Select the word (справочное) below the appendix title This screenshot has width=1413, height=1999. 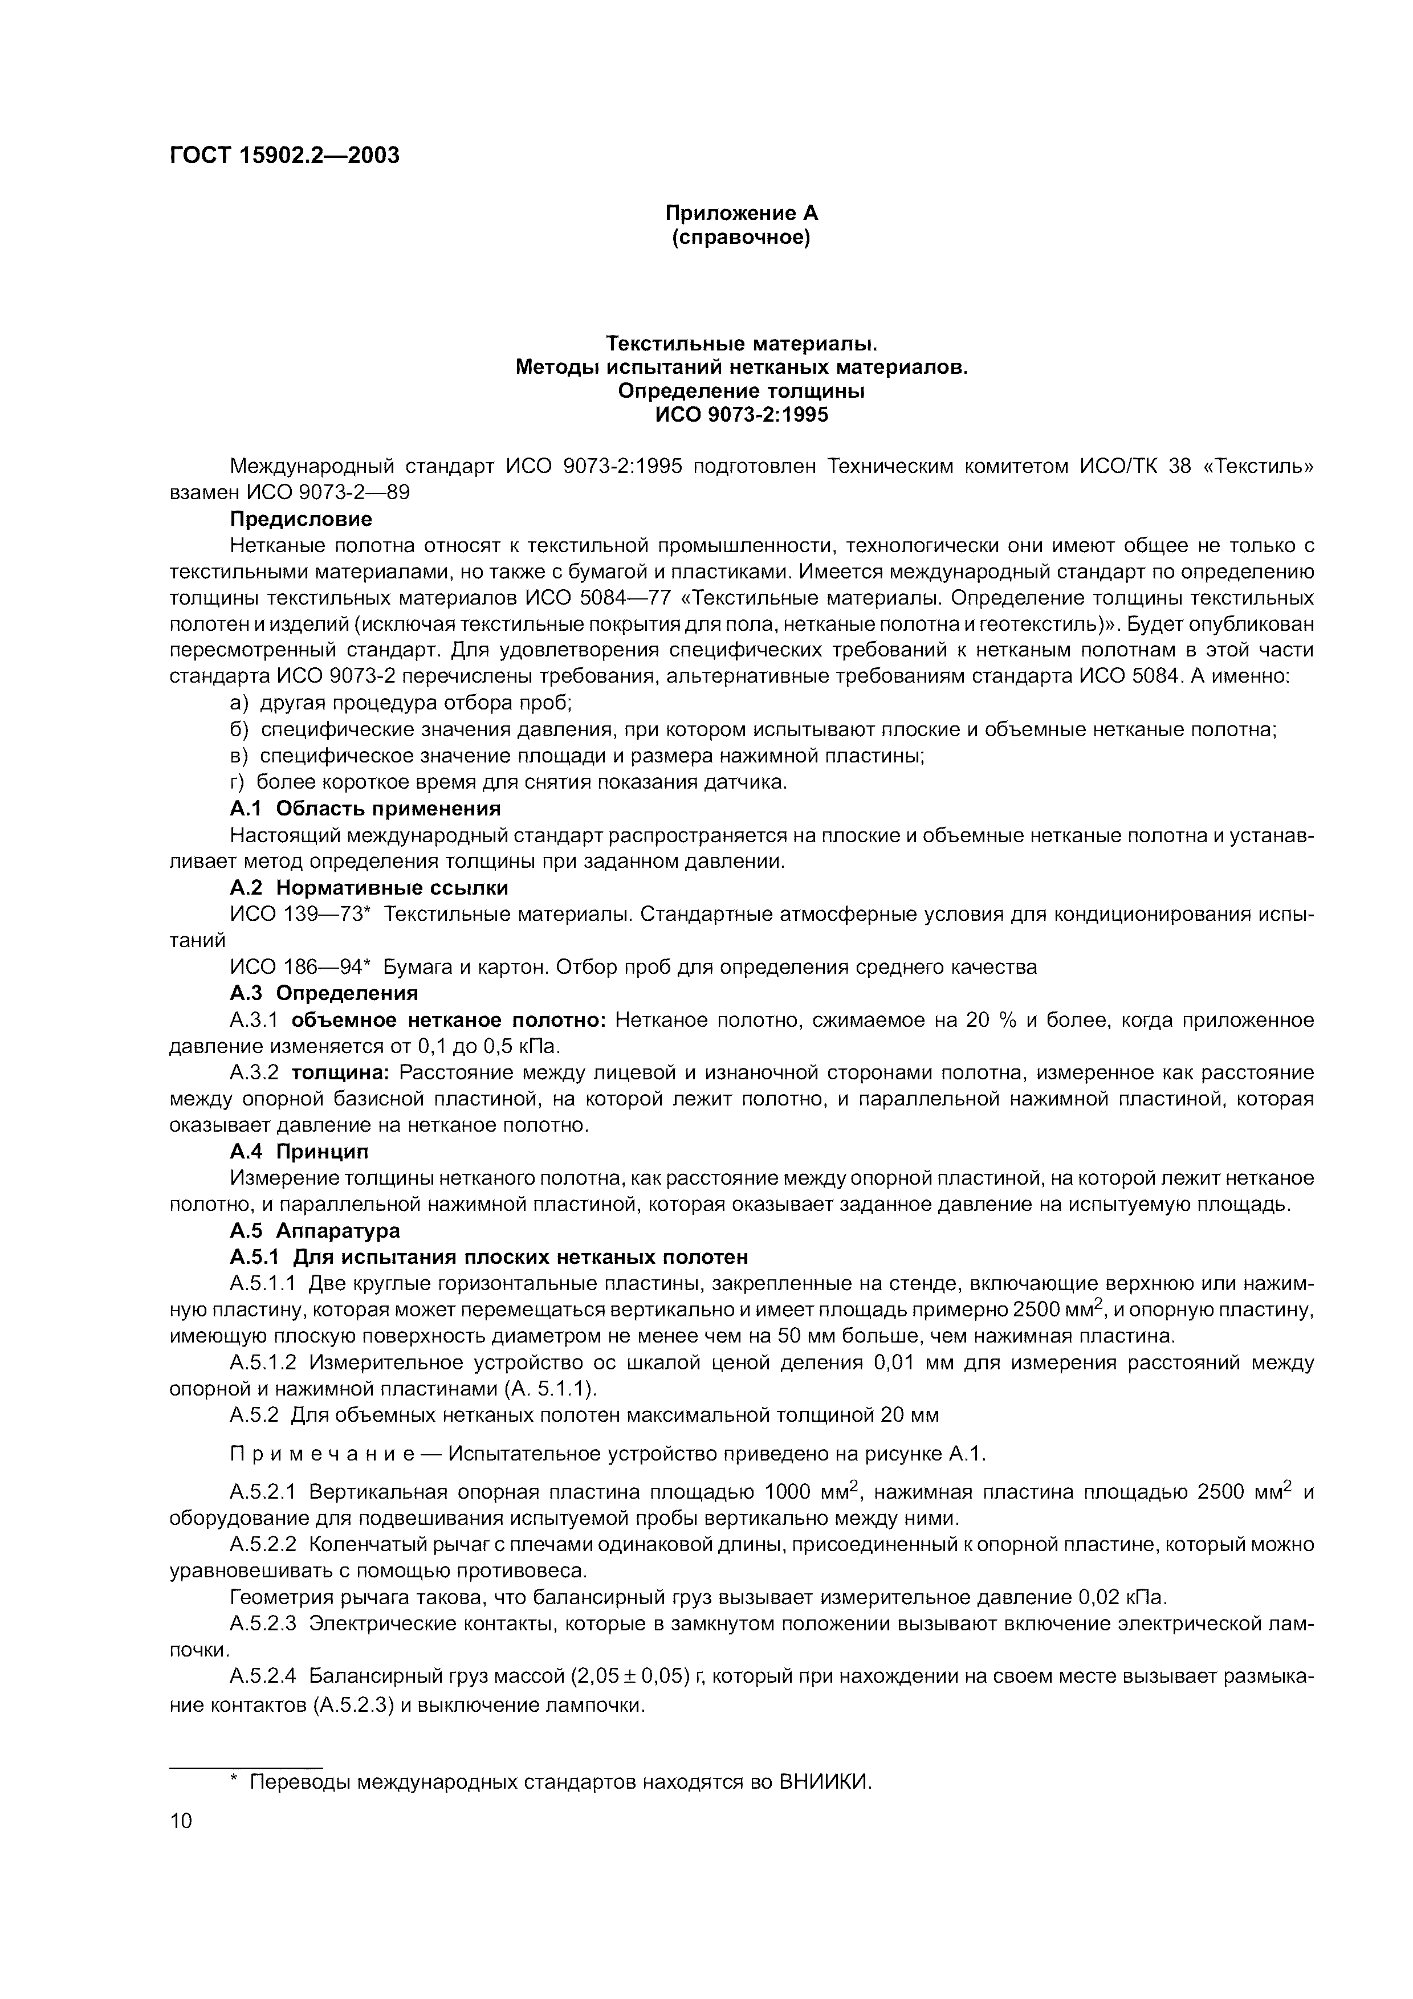(x=742, y=238)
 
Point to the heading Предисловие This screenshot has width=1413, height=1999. (x=300, y=520)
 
